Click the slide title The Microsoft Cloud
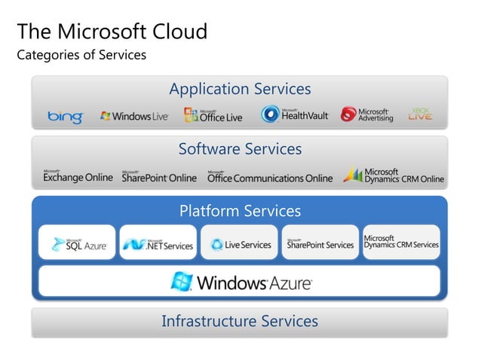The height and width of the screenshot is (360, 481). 112,32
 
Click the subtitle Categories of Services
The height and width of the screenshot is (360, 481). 81,55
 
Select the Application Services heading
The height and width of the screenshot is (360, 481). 240,89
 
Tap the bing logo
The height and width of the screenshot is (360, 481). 66,116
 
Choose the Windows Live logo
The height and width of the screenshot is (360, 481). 134,116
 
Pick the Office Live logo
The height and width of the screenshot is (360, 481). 213,115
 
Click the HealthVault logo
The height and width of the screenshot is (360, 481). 295,114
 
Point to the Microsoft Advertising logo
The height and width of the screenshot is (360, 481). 367,114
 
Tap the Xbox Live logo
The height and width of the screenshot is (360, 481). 420,114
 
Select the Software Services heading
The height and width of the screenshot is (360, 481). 240,149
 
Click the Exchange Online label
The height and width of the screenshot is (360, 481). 78,177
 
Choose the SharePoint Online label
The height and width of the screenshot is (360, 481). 159,177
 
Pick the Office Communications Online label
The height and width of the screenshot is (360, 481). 269,177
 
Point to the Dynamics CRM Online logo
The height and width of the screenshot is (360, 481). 394,175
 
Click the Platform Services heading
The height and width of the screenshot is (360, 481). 240,211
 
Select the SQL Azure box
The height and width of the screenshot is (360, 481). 78,243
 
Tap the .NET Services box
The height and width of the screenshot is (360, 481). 158,243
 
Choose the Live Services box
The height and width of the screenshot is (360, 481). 240,243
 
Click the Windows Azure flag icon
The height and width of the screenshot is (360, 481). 181,282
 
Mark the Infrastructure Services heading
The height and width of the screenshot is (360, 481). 240,322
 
